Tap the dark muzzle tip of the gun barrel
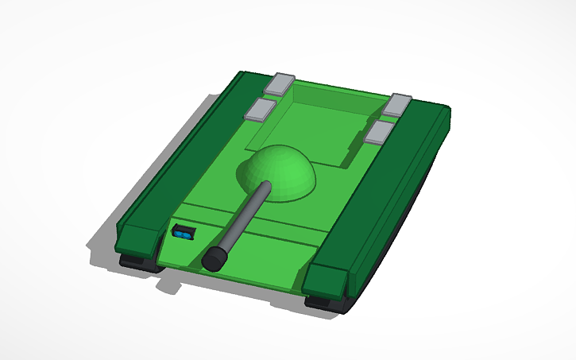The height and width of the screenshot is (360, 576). point(214,259)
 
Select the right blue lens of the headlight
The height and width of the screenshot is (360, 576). point(187,234)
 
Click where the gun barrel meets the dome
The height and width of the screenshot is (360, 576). point(264,188)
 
